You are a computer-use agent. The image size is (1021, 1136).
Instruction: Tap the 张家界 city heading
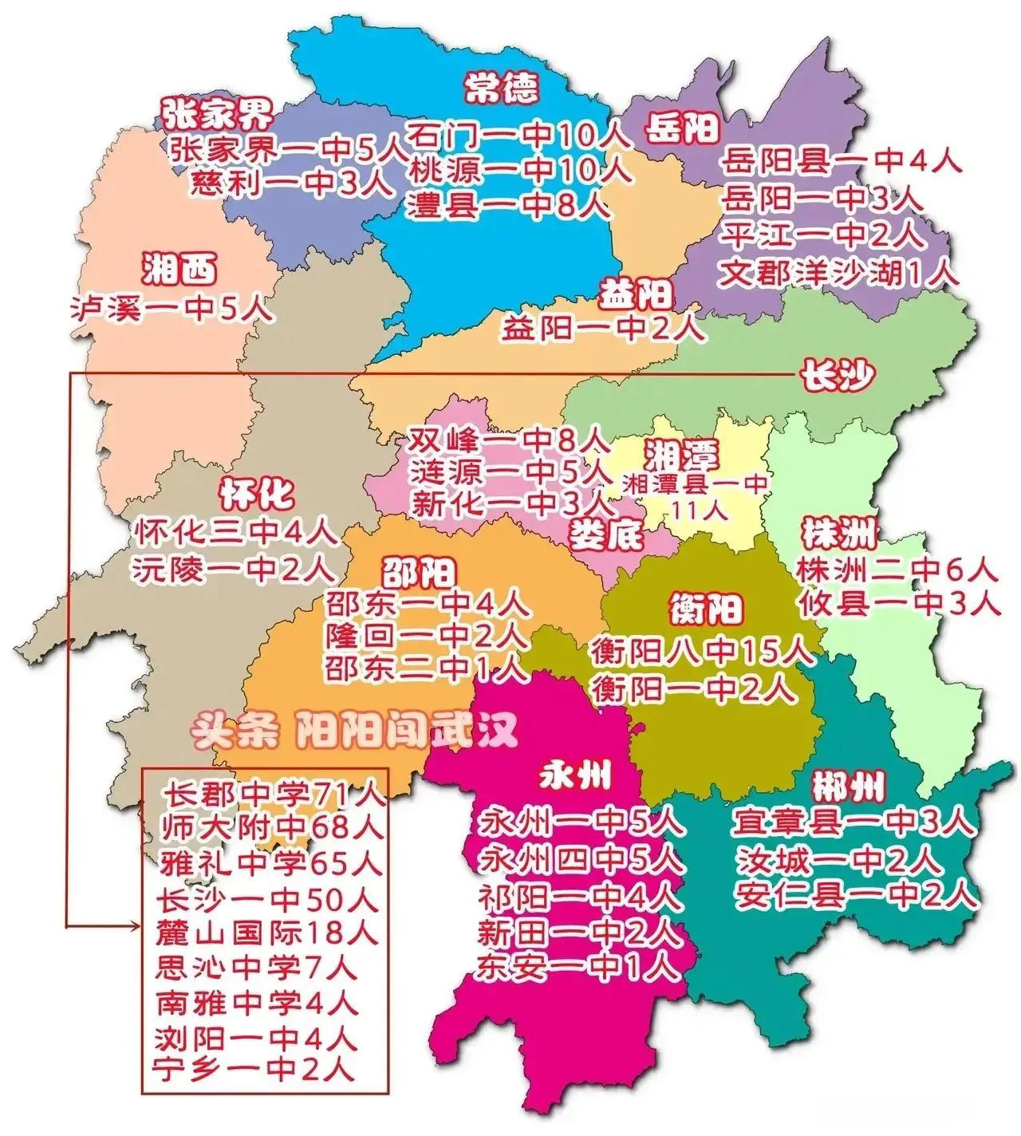click(217, 115)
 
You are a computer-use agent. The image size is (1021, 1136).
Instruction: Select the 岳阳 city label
click(682, 128)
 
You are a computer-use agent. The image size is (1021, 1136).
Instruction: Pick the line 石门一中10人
click(518, 135)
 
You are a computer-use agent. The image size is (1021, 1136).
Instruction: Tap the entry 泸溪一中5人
click(171, 308)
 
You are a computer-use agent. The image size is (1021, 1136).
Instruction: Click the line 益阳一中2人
click(603, 328)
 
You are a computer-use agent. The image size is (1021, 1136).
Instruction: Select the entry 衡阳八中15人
click(702, 652)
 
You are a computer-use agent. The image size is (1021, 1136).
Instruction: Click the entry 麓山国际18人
click(267, 932)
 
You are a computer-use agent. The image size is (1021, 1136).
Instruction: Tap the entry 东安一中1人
click(579, 968)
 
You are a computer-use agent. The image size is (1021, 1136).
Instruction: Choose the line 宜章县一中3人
click(853, 822)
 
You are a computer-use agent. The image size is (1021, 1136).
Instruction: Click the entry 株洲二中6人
click(897, 570)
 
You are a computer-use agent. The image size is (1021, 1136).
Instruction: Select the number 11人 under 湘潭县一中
click(696, 510)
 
